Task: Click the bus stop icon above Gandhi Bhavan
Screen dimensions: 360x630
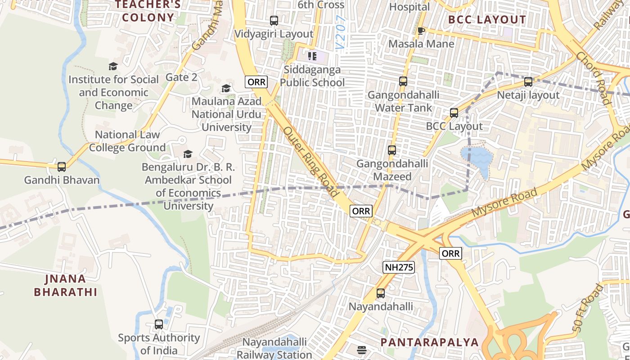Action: [x=62, y=166]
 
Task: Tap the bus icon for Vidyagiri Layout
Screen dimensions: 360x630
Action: [x=274, y=20]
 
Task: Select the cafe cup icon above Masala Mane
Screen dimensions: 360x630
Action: [x=421, y=31]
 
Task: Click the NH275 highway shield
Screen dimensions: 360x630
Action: [x=399, y=267]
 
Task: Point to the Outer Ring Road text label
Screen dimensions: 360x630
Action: [x=311, y=162]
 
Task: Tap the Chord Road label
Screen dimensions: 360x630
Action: [x=594, y=78]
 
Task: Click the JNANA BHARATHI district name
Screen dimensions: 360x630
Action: [x=66, y=285]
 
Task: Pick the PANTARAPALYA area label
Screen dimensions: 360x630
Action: [x=430, y=342]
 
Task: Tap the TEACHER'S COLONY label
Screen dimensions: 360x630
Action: [x=148, y=11]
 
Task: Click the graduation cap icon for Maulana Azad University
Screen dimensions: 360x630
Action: [x=226, y=88]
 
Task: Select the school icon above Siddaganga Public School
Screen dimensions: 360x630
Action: [x=312, y=56]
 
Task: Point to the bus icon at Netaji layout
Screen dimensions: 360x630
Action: [x=528, y=82]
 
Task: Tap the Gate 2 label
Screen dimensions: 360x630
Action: [x=181, y=77]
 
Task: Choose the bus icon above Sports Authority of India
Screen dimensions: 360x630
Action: [x=158, y=324]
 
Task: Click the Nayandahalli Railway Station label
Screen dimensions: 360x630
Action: [x=274, y=348]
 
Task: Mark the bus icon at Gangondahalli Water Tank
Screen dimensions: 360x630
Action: [x=403, y=81]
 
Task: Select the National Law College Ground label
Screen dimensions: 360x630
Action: [x=127, y=141]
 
